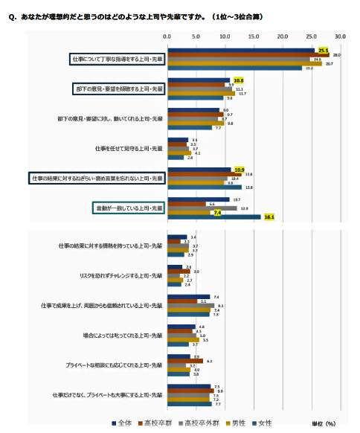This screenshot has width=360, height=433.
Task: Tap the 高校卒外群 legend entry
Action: (x=203, y=423)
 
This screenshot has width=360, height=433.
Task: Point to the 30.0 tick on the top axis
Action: (x=341, y=35)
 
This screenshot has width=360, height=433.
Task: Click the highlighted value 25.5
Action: (x=323, y=50)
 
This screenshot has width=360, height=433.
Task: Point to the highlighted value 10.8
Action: (x=239, y=80)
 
